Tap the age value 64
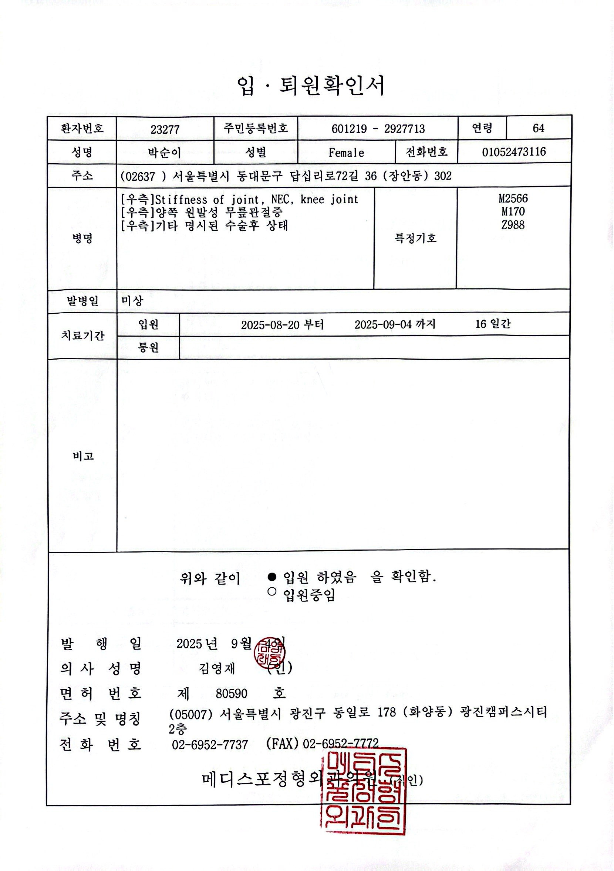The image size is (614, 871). click(538, 129)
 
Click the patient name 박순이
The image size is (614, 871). click(165, 153)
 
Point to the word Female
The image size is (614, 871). click(346, 153)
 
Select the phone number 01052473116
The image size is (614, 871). click(513, 152)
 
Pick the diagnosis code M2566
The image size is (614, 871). click(513, 198)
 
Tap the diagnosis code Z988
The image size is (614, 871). click(513, 225)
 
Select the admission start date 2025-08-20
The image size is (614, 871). click(270, 325)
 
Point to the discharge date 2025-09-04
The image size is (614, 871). click(383, 325)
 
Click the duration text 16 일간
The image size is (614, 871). click(493, 324)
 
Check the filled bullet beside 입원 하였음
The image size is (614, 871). click(272, 577)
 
